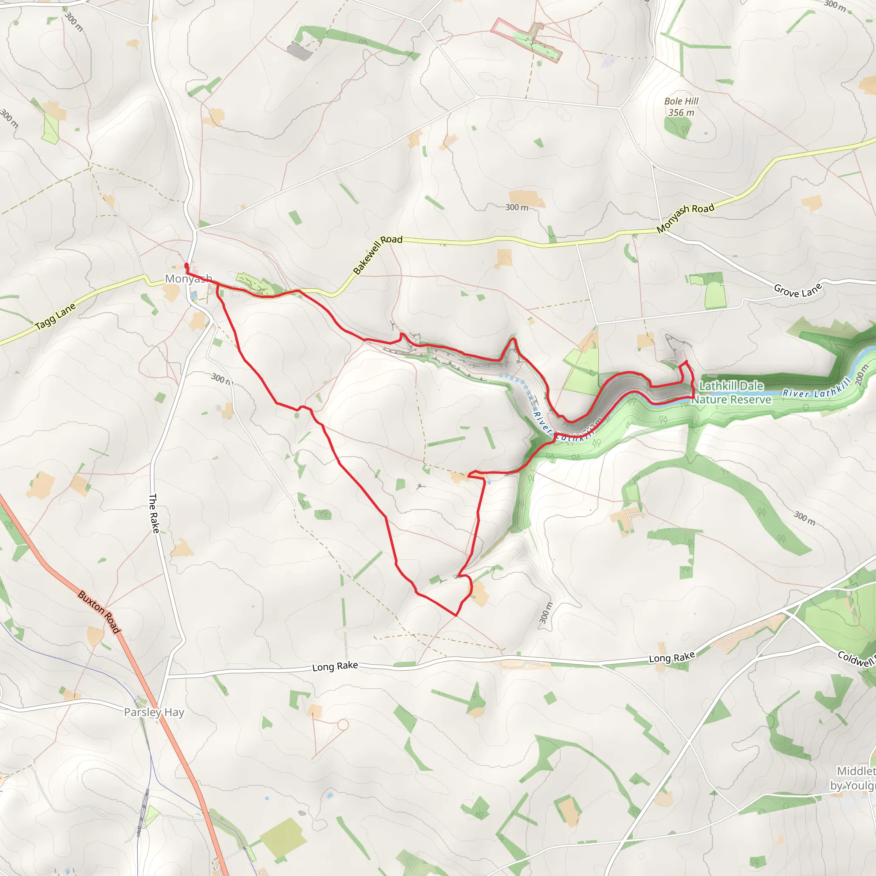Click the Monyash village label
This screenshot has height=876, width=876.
(188, 278)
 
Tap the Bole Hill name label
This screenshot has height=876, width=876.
(681, 101)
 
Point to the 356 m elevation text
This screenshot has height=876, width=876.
(681, 112)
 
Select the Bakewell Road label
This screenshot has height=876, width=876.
(377, 255)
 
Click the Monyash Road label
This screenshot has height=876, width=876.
(685, 218)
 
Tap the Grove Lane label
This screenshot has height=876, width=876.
(798, 290)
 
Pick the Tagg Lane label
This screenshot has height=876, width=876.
(55, 317)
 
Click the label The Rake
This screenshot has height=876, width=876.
(154, 513)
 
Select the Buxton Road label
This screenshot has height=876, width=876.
(99, 612)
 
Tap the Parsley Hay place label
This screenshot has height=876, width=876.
(154, 712)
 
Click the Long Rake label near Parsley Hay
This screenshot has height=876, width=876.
(335, 666)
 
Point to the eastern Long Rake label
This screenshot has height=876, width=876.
(672, 657)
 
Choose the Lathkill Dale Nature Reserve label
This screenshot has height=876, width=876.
(731, 393)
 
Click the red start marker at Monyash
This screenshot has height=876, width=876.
(186, 266)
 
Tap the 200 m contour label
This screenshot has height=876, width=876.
(861, 376)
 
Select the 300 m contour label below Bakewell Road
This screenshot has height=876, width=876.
(517, 207)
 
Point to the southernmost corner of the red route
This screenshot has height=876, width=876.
(456, 615)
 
